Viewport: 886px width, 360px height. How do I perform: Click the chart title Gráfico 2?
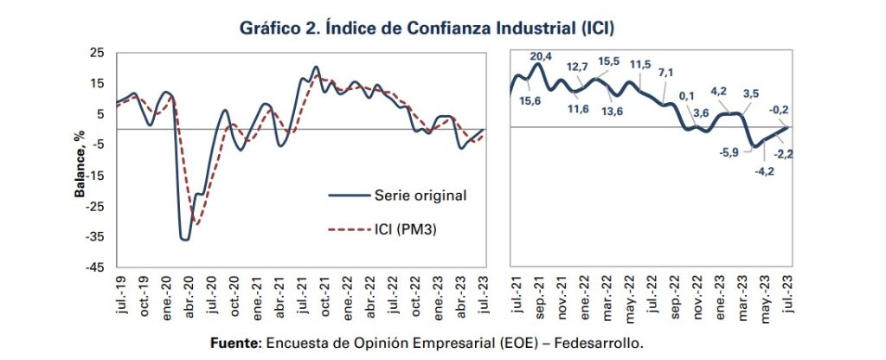click(427, 28)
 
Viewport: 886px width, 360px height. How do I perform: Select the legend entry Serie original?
click(421, 195)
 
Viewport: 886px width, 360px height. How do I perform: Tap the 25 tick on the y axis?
click(97, 54)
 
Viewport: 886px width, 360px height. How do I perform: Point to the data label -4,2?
click(764, 171)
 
